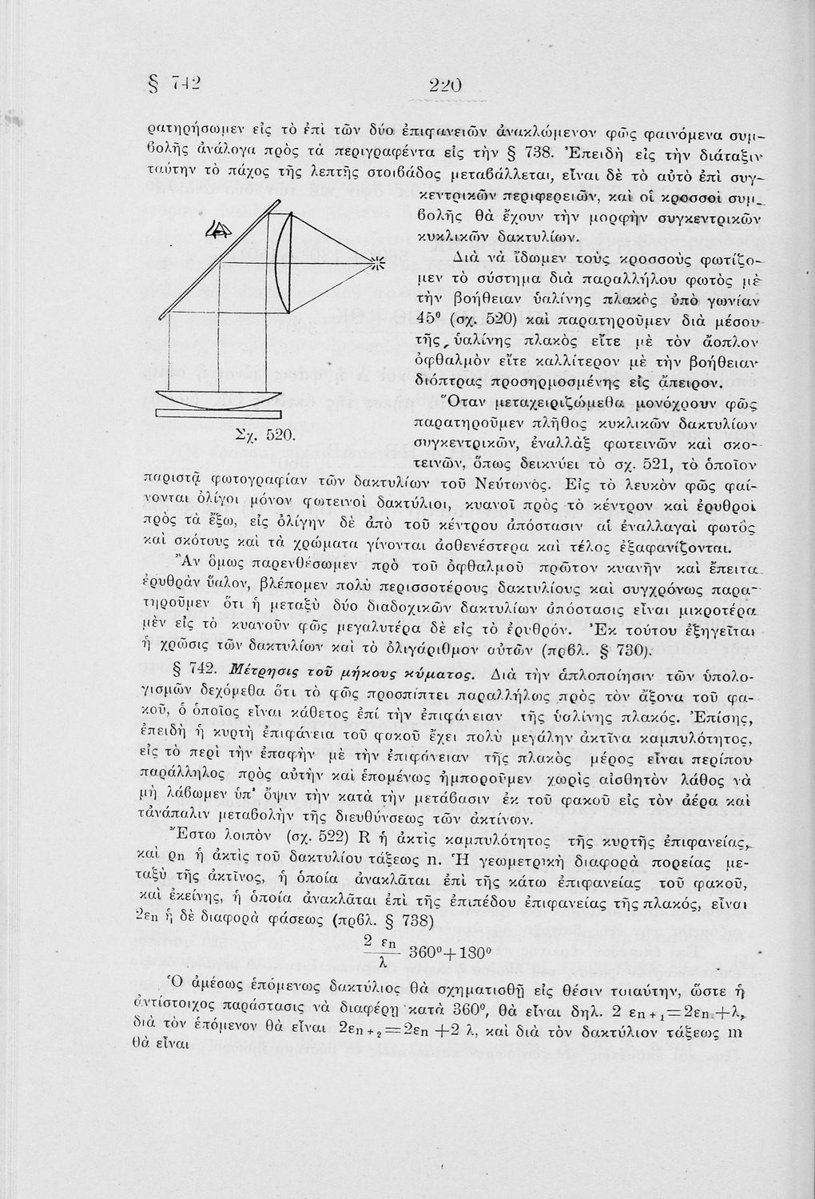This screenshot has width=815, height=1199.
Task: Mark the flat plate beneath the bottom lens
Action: (x=219, y=414)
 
